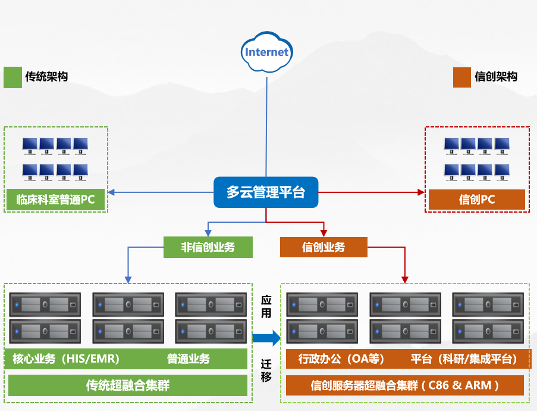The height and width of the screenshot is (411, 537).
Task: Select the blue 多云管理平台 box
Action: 266,192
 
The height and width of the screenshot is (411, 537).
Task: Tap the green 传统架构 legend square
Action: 12,77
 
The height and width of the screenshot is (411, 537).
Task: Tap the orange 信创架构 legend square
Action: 461,77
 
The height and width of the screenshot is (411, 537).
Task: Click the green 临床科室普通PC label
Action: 56,200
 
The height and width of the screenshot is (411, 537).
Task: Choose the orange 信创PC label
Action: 477,200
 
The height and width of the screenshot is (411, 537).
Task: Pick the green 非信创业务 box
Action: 208,247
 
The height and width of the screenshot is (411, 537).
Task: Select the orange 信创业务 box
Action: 324,247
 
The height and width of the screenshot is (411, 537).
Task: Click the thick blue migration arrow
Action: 266,338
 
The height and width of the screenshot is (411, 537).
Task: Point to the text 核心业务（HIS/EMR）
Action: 66,359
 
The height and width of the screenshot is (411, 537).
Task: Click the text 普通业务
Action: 189,359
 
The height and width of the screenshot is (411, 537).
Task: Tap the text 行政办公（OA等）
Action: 341,359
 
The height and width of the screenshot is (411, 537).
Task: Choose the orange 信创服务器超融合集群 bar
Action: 405,385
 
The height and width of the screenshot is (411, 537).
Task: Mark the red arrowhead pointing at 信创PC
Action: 422,192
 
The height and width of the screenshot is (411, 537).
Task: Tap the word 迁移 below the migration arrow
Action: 266,370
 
